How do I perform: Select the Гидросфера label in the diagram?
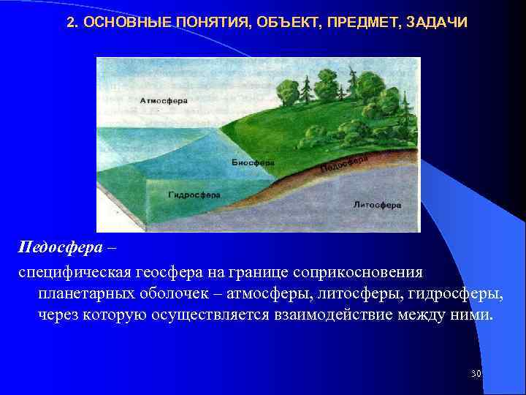[x=194, y=195]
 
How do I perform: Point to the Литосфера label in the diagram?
[x=377, y=205]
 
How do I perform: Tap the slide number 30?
[x=476, y=374]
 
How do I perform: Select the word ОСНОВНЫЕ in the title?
[x=121, y=23]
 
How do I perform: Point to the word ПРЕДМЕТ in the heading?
[x=354, y=23]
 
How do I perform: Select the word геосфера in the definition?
[x=167, y=272]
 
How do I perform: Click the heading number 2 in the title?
[x=70, y=23]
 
